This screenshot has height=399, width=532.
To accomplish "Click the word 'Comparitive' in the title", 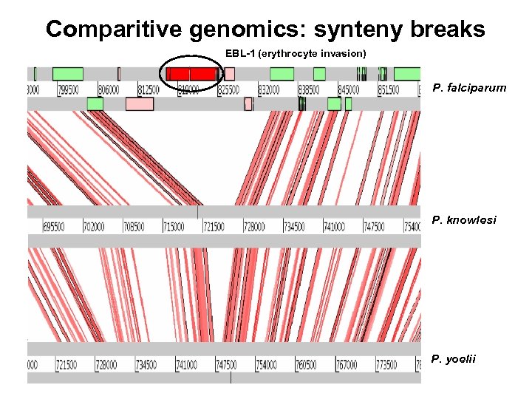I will pyautogui.click(x=114, y=29).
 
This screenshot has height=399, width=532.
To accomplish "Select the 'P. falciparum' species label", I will pyautogui.click(x=469, y=88).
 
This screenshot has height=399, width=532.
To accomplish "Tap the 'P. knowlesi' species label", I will pyautogui.click(x=464, y=220).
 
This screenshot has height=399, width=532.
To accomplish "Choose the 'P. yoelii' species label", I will pyautogui.click(x=454, y=360).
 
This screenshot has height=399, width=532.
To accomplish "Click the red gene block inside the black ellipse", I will pyautogui.click(x=191, y=74).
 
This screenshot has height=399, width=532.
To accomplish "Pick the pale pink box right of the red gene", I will pyautogui.click(x=230, y=74).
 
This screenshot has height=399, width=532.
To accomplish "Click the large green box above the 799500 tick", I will pyautogui.click(x=68, y=74).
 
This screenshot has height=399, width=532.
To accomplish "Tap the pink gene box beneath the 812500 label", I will pyautogui.click(x=140, y=104).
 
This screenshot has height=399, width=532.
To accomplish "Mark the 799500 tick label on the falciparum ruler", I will pyautogui.click(x=69, y=89).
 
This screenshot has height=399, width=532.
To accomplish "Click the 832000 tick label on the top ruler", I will pyautogui.click(x=269, y=89).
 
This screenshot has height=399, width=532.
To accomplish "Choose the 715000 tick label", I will pyautogui.click(x=174, y=226).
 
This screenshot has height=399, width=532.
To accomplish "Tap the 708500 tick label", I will pyautogui.click(x=134, y=226).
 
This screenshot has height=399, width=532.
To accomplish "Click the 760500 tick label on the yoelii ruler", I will pyautogui.click(x=306, y=365).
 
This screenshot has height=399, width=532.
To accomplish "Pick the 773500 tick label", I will pyautogui.click(x=386, y=365).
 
